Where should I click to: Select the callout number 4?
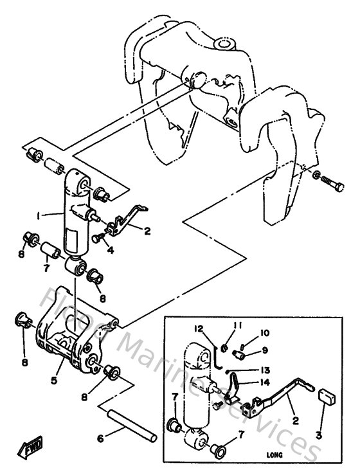pyautogui.click(x=110, y=250)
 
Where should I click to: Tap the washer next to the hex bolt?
pyautogui.click(x=318, y=175)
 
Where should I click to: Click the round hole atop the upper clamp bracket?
pyautogui.click(x=224, y=45)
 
